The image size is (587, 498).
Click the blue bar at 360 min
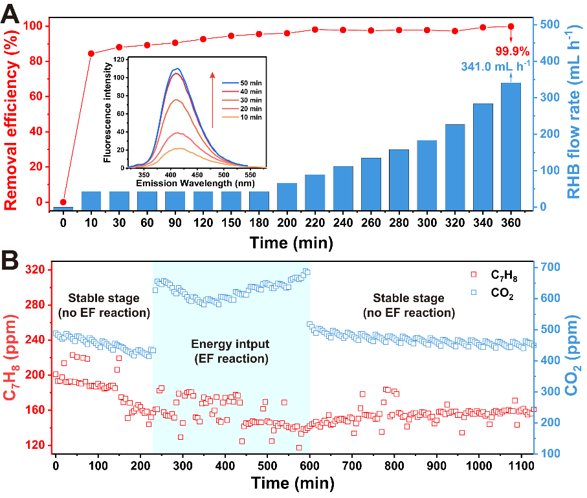coord(511,146)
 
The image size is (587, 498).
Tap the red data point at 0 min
coord(63,202)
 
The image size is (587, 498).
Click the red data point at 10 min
coord(91,54)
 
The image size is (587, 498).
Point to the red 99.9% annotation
coord(513,51)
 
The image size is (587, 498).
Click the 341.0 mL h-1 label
coord(495,65)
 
